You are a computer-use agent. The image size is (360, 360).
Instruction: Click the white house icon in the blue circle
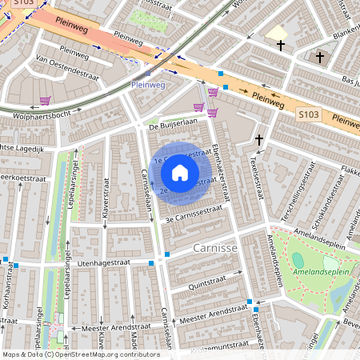(x=180, y=172)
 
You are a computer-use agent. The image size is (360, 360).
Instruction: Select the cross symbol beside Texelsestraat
(x=258, y=140)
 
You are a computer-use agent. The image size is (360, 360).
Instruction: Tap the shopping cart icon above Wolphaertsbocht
(x=45, y=101)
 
